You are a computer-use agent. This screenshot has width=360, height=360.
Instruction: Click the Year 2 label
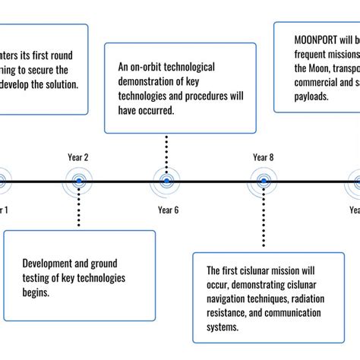78,157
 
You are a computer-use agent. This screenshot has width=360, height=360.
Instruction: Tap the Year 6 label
168,210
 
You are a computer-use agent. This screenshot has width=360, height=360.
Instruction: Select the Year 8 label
263,157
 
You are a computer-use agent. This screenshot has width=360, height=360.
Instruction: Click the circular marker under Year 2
79,182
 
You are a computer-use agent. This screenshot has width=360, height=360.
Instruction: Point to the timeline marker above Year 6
167,182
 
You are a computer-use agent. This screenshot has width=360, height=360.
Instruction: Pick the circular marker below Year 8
263,182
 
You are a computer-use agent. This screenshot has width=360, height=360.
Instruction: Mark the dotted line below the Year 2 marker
79,209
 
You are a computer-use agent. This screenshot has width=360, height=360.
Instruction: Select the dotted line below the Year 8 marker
263,220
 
